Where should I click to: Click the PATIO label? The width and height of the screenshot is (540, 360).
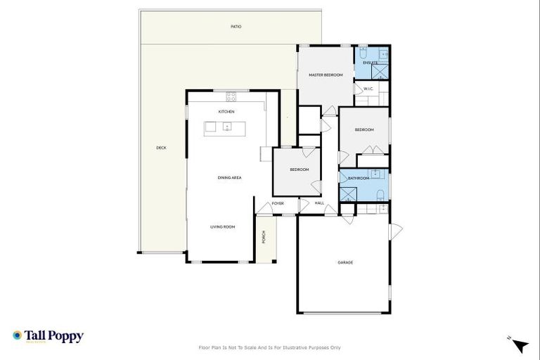coord(236,27)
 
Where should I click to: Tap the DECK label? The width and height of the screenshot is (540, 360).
coord(161,148)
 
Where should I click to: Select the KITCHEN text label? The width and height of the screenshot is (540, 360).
coord(226,112)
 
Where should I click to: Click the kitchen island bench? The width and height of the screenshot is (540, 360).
coord(225,127)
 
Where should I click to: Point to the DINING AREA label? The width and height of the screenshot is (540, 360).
coord(229,178)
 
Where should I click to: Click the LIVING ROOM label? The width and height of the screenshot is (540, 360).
coord(222,227)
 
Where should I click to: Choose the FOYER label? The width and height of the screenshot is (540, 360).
coord(278,203)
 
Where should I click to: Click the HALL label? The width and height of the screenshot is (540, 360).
coord(319,203)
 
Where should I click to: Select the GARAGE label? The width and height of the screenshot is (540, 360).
coord(345,262)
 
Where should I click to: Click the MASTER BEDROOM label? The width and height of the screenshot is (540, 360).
coord(326,75)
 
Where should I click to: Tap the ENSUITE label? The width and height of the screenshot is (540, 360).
coord(371,63)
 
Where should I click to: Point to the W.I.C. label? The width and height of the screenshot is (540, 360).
coord(368,89)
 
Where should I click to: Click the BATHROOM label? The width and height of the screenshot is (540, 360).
coord(359,178)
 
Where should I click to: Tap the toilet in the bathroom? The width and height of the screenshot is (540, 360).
coord(379,194)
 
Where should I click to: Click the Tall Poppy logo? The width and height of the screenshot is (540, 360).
coord(48,336)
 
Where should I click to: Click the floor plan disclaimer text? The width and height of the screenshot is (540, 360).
coord(270,347)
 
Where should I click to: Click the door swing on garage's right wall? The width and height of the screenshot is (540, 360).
coord(395,230)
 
